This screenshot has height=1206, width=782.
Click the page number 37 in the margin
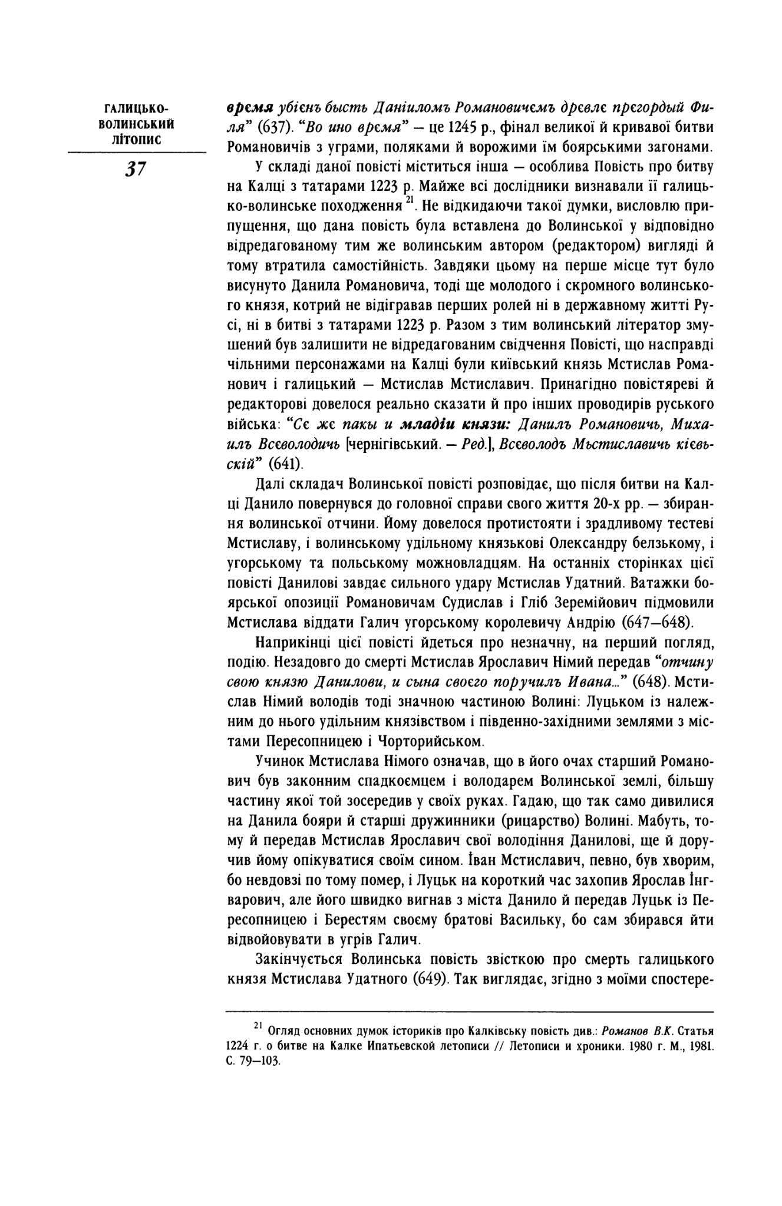[x=135, y=168]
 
